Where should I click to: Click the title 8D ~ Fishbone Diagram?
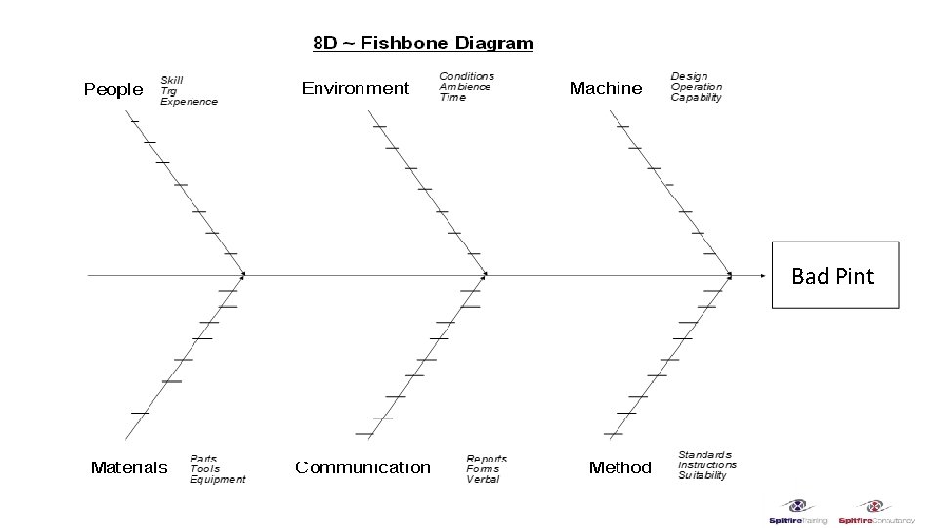[422, 43]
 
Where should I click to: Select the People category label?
[113, 89]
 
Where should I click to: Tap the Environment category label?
[356, 88]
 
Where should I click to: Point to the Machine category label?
[606, 88]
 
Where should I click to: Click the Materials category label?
[129, 467]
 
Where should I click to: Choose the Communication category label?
[362, 467]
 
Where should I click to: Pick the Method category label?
[619, 467]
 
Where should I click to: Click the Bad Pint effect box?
[834, 275]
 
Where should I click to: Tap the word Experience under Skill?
[190, 102]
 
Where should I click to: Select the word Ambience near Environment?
[465, 87]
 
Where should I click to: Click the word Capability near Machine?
[697, 98]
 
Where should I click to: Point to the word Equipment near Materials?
[218, 480]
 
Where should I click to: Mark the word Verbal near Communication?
[483, 480]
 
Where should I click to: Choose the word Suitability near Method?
[703, 476]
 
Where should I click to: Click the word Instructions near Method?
[708, 465]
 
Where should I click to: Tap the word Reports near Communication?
[487, 459]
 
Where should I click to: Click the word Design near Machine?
[690, 76]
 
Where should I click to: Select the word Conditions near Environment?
[467, 76]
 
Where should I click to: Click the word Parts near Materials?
[203, 459]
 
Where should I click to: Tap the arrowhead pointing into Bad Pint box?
[763, 275]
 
